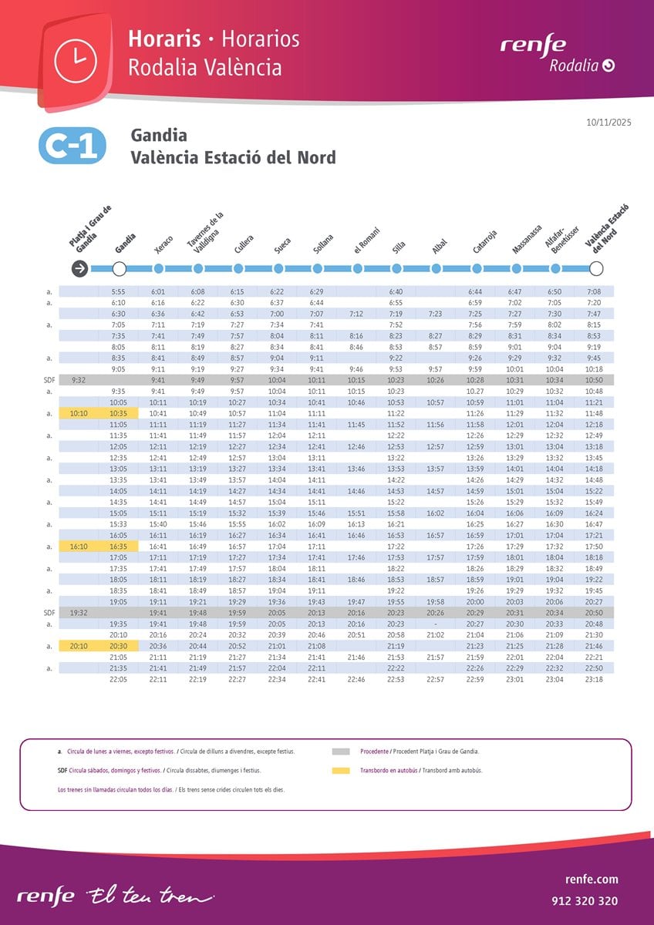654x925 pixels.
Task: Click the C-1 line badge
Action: tap(70, 146)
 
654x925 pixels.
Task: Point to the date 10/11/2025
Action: tap(609, 123)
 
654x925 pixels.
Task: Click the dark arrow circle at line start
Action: tap(79, 268)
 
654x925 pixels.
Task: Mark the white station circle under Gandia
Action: tap(119, 268)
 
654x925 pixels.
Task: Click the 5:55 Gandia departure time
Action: tap(118, 292)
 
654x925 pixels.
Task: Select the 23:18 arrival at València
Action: tap(594, 679)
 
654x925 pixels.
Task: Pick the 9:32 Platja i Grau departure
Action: tap(78, 380)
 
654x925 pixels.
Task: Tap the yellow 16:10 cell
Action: tap(79, 546)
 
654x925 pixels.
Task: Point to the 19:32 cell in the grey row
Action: tap(78, 612)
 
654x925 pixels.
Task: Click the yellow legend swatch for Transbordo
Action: tap(340, 770)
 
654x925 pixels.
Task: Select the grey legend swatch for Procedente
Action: tap(340, 751)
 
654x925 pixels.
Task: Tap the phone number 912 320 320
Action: tap(585, 900)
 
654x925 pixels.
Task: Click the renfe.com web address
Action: tap(591, 880)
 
